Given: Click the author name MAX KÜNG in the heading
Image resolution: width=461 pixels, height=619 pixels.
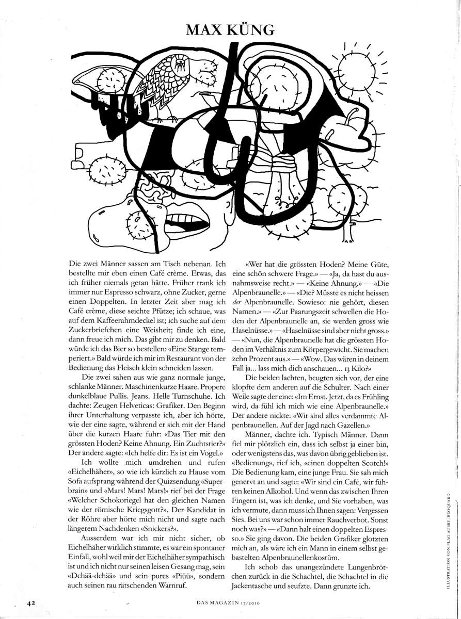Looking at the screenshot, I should click(x=230, y=29).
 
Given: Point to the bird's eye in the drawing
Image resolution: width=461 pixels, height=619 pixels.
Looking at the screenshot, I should click(x=181, y=63).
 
